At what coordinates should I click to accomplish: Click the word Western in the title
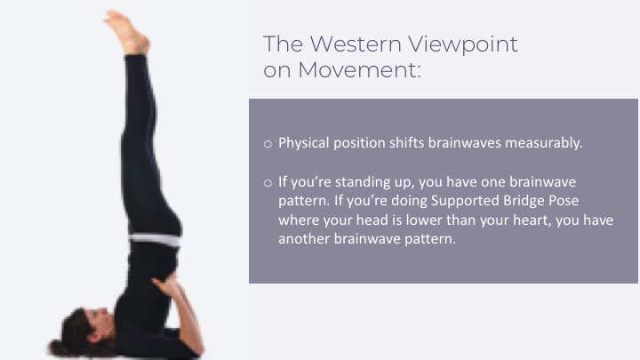click(356, 44)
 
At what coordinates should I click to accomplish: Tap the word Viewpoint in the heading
click(463, 45)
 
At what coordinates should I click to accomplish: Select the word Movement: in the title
click(359, 70)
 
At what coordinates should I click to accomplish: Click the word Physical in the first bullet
click(303, 143)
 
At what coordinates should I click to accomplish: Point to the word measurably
click(544, 143)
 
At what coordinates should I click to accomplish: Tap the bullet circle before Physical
click(268, 144)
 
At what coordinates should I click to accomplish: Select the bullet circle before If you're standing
click(268, 183)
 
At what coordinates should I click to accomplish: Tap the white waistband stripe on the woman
click(155, 240)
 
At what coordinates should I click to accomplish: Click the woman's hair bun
click(60, 348)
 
